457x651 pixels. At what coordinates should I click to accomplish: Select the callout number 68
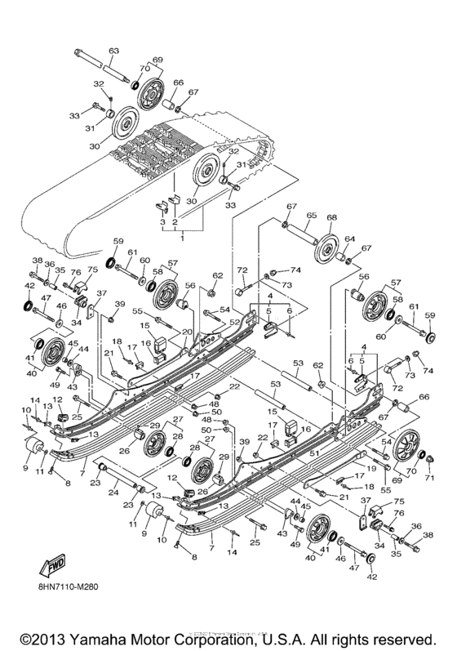tap(331, 219)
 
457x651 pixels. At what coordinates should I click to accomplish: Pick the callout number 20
tap(187, 332)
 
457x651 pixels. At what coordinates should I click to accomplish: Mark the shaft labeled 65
tap(304, 238)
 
